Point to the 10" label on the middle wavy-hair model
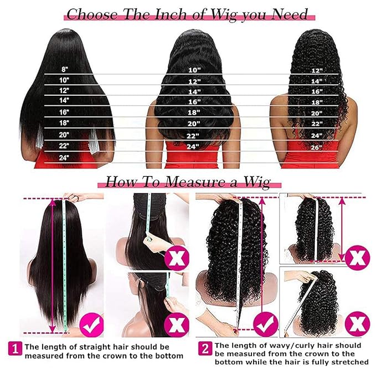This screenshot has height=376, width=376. [x=194, y=70]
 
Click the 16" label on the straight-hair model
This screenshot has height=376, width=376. [x=65, y=112]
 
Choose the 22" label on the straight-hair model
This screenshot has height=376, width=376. [x=65, y=146]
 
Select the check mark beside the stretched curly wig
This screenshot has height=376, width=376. [x=265, y=320]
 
